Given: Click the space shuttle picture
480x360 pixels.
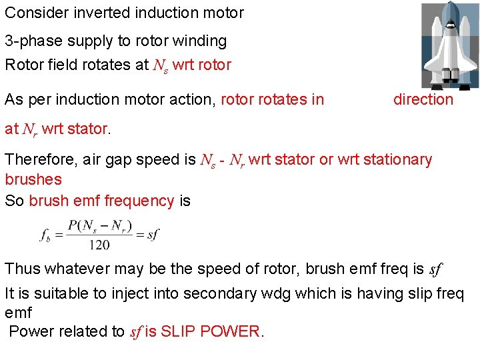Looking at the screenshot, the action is click(449, 44).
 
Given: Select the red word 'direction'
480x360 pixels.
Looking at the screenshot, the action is click(423, 100).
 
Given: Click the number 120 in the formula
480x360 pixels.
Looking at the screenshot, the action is click(99, 245).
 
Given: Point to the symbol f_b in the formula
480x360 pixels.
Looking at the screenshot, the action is click(45, 234).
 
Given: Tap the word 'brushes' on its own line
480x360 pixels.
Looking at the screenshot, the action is click(33, 179).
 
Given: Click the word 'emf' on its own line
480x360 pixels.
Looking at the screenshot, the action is click(18, 313).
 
